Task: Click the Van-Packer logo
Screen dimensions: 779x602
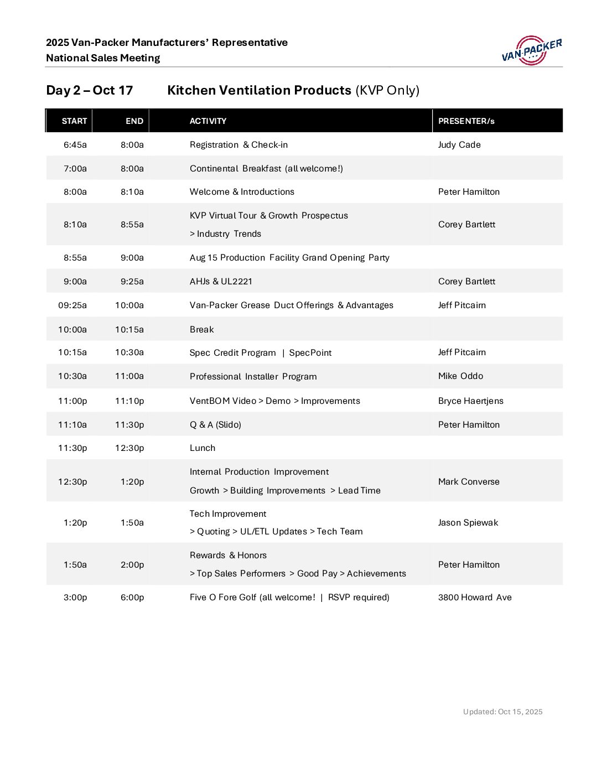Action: click(x=531, y=50)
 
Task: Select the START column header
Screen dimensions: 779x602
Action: click(x=74, y=121)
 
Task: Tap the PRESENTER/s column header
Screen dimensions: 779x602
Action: click(x=466, y=121)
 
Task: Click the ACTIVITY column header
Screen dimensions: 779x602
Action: click(x=208, y=121)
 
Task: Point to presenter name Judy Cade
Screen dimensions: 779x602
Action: click(x=459, y=145)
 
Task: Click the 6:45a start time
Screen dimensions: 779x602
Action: click(x=75, y=145)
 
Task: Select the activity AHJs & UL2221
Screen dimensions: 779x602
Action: click(x=221, y=282)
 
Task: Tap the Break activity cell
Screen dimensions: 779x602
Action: click(x=201, y=330)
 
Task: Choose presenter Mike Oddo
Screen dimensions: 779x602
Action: click(x=460, y=376)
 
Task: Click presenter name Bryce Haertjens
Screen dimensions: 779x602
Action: click(x=470, y=401)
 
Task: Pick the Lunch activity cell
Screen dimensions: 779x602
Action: click(x=203, y=448)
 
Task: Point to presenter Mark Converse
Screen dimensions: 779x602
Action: click(x=469, y=482)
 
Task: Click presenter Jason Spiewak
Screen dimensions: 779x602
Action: click(x=468, y=523)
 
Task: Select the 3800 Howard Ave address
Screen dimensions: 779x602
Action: click(x=475, y=598)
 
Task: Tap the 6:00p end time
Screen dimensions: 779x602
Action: click(x=132, y=598)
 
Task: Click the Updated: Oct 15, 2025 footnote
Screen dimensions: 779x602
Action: click(x=502, y=712)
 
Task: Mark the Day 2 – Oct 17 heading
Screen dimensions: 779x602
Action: click(x=90, y=91)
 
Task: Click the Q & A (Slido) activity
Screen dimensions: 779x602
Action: click(x=215, y=425)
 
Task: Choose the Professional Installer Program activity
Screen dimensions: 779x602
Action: click(x=253, y=377)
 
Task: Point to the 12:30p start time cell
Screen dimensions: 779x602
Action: click(x=72, y=482)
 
